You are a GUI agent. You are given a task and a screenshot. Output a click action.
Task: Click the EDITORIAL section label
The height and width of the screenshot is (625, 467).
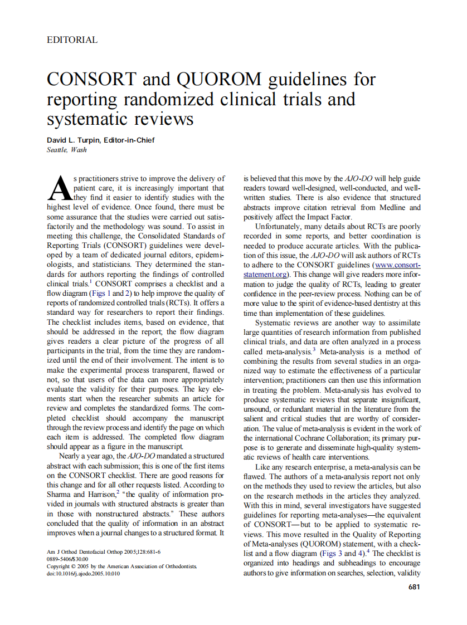pos(72,40)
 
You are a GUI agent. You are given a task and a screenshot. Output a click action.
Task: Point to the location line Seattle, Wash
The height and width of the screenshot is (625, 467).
pos(67,150)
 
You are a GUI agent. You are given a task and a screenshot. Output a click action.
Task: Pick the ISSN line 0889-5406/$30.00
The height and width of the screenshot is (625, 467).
pos(68,559)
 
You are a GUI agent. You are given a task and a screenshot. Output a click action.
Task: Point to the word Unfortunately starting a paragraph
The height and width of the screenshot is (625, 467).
pos(281,227)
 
